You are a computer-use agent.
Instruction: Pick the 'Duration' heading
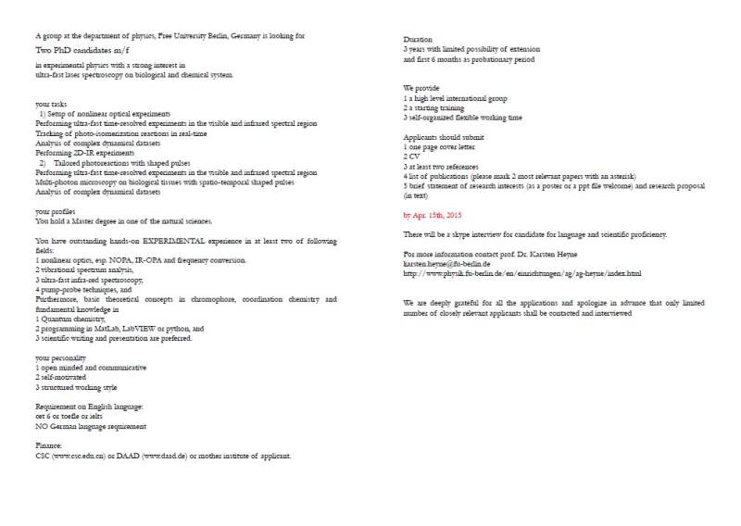421,40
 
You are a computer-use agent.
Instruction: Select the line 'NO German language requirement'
91,427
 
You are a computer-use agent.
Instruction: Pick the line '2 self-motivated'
61,377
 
